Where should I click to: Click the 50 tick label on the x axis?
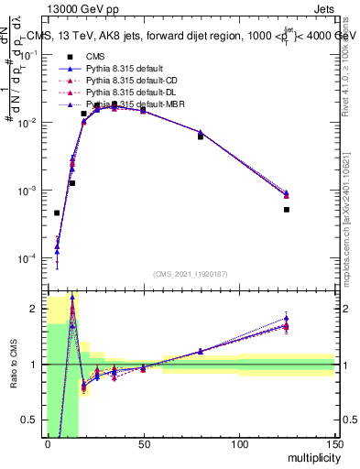pos(143,444)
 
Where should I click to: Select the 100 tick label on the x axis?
pos(239,444)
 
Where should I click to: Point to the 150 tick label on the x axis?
pos(334,444)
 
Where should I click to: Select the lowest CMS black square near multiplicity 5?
pos(57,213)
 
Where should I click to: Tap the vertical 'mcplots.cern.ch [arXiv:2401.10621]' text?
pos(351,220)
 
